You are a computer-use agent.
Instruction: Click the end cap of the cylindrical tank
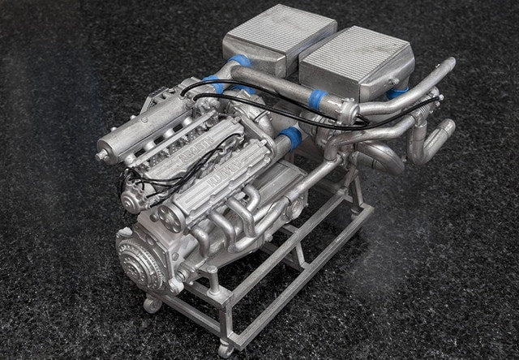click(x=105, y=151)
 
